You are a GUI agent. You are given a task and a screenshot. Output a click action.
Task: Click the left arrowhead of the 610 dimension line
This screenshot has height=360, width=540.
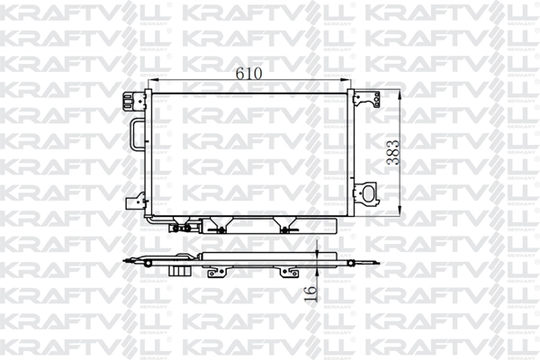click(x=155, y=81)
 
